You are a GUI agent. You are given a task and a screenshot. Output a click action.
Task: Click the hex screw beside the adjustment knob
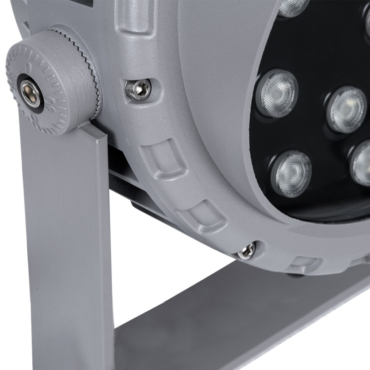pos(139,88)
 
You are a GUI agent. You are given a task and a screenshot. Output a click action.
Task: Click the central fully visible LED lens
pos(347,108)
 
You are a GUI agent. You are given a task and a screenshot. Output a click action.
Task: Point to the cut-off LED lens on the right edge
pos(362,163)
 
